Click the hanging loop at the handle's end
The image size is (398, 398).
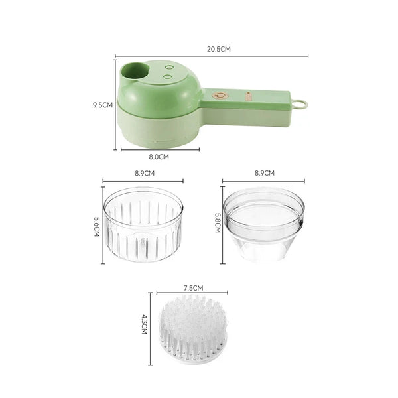point(301,104)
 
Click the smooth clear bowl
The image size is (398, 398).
point(263,222)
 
